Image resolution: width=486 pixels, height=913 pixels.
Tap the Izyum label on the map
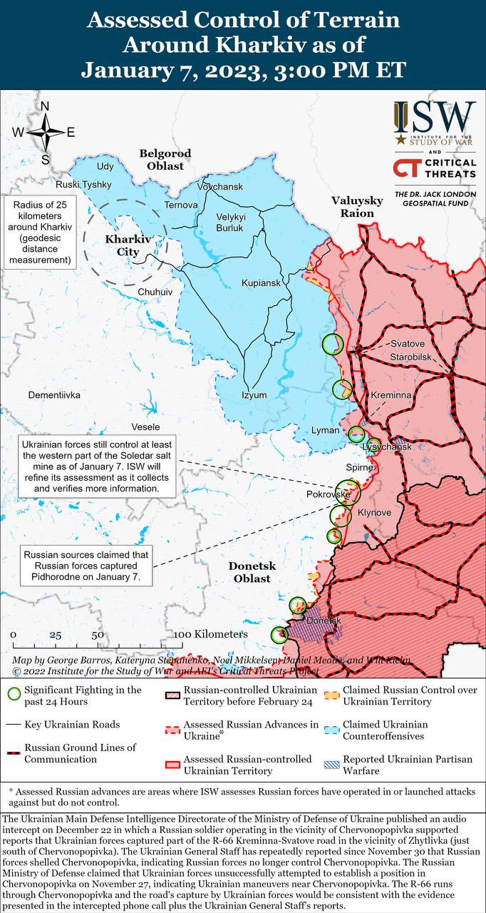pyautogui.click(x=254, y=395)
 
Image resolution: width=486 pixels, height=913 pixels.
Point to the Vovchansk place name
pyautogui.click(x=220, y=187)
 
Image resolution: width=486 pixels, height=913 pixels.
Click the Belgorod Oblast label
pyautogui.click(x=165, y=159)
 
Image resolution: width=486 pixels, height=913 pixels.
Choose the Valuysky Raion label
pyautogui.click(x=357, y=207)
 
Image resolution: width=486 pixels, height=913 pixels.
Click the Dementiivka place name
pyautogui.click(x=54, y=394)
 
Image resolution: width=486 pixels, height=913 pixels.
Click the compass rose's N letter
pyautogui.click(x=44, y=107)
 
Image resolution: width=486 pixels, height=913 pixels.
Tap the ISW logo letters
pyautogui.click(x=435, y=116)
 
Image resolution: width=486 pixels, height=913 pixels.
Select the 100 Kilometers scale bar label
pyautogui.click(x=211, y=634)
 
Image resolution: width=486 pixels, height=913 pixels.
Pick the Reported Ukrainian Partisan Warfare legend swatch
pyautogui.click(x=330, y=764)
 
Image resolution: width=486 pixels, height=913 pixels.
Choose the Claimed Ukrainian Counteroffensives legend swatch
pyautogui.click(x=330, y=730)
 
